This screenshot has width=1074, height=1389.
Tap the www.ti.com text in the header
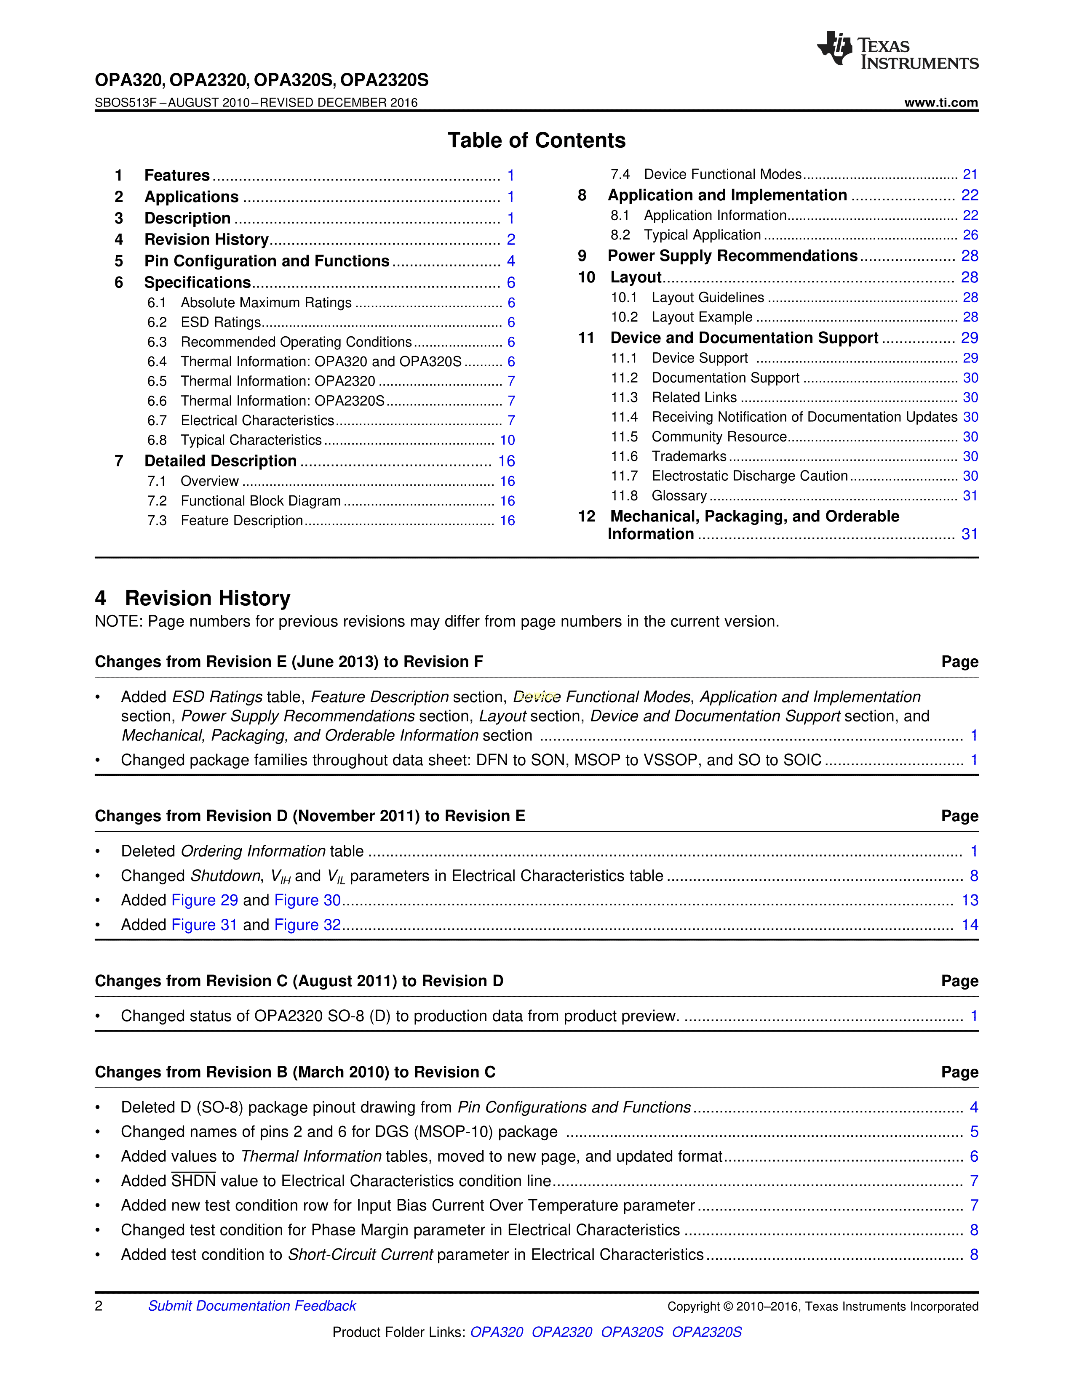941,102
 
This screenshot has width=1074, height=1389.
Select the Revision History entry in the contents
206,240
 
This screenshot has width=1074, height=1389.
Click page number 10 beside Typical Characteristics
507,440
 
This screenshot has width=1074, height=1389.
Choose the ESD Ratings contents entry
221,322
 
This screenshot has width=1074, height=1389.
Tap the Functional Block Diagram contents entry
260,501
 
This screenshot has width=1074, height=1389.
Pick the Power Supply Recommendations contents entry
732,255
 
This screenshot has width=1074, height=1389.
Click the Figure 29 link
205,901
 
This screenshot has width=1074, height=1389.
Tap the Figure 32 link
307,925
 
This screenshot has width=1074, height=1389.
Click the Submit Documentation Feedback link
252,1306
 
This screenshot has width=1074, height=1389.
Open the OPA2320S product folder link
706,1332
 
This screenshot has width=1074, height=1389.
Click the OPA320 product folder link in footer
496,1332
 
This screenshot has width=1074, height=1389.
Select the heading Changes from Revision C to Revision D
299,981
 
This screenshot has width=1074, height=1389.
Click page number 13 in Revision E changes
970,901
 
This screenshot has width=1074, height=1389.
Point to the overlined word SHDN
193,1181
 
